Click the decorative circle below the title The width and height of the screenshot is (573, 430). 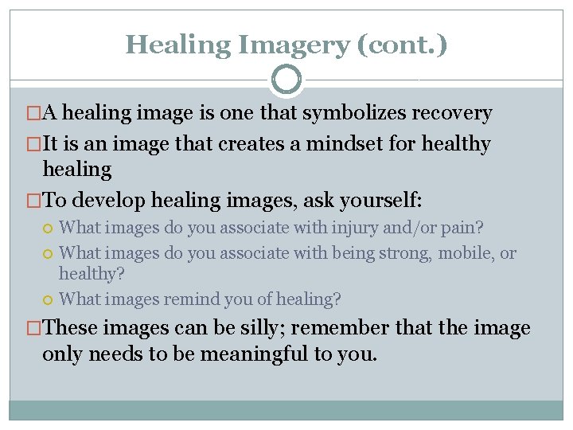[286, 80]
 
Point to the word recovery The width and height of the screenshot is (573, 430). [451, 113]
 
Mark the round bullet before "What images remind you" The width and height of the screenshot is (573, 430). [49, 300]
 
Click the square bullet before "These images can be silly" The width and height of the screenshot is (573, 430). [33, 328]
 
